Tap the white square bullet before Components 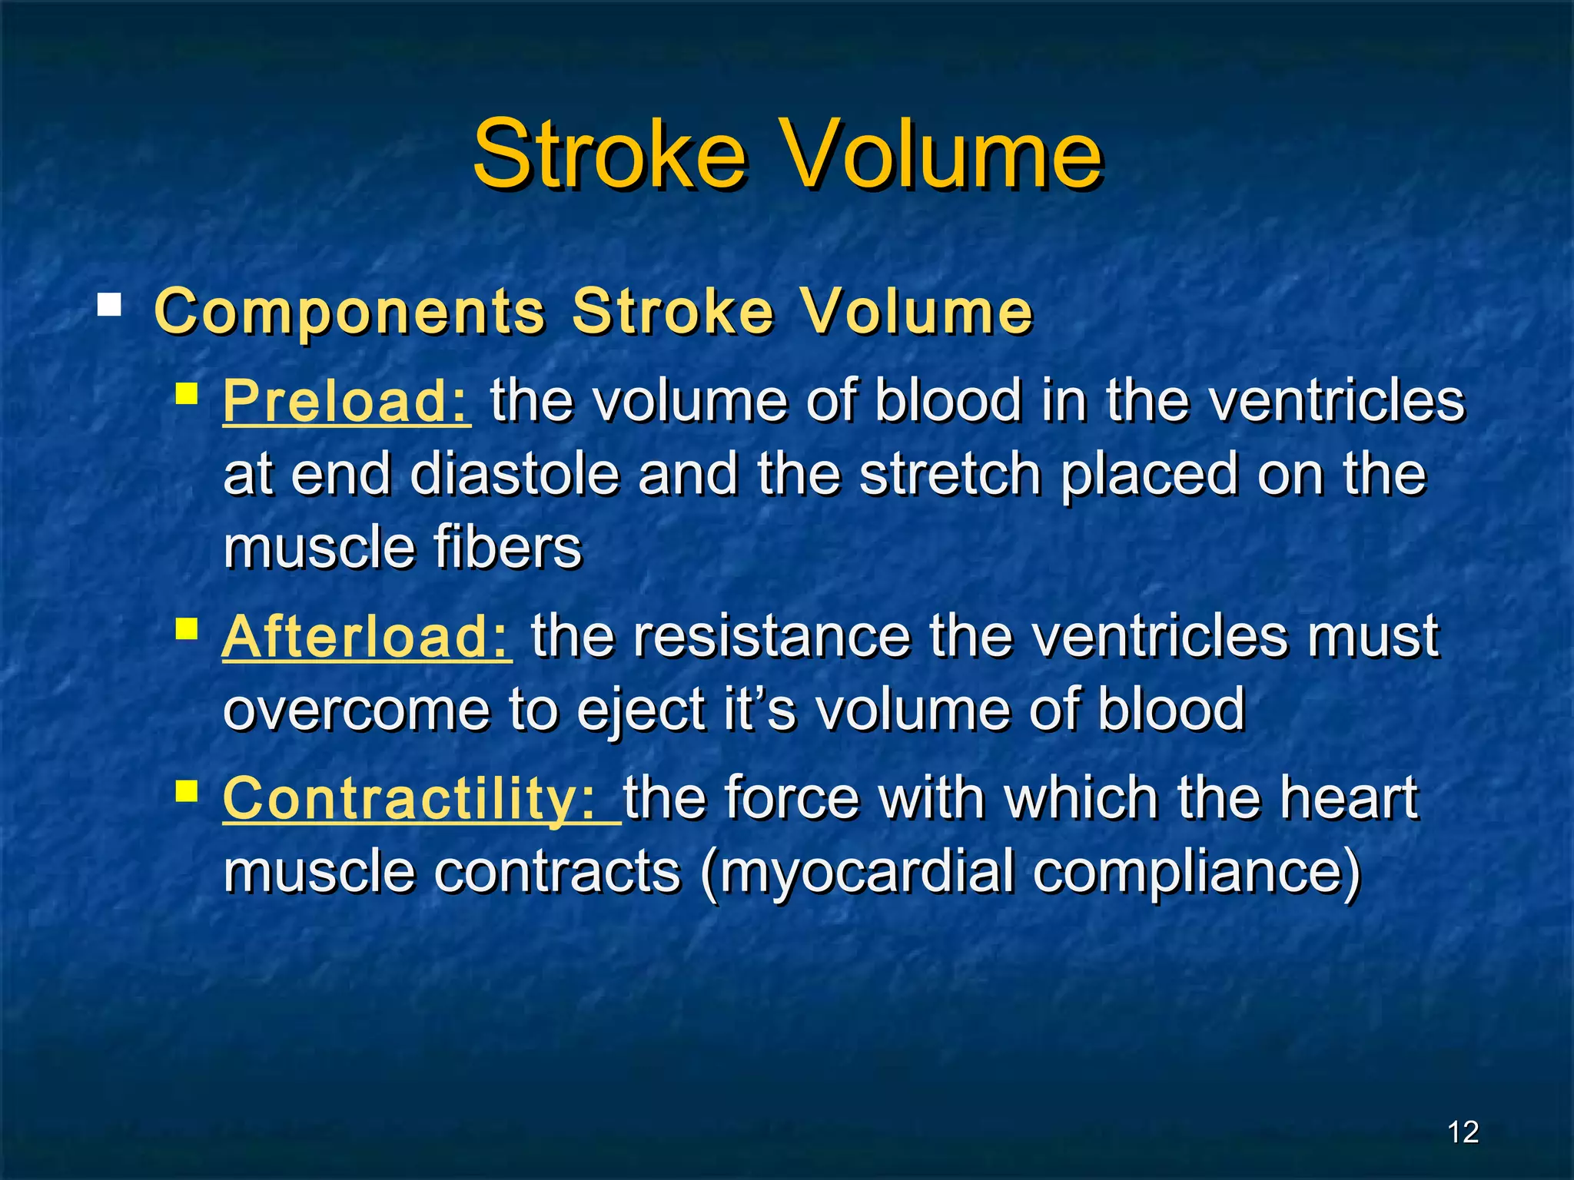pos(109,305)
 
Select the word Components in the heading pos(350,312)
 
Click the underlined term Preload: pos(346,401)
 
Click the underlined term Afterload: pos(367,637)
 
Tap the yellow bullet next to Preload pos(187,393)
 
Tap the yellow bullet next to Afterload pos(187,629)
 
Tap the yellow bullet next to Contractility pos(187,791)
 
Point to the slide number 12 pos(1463,1132)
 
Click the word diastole pos(515,475)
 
